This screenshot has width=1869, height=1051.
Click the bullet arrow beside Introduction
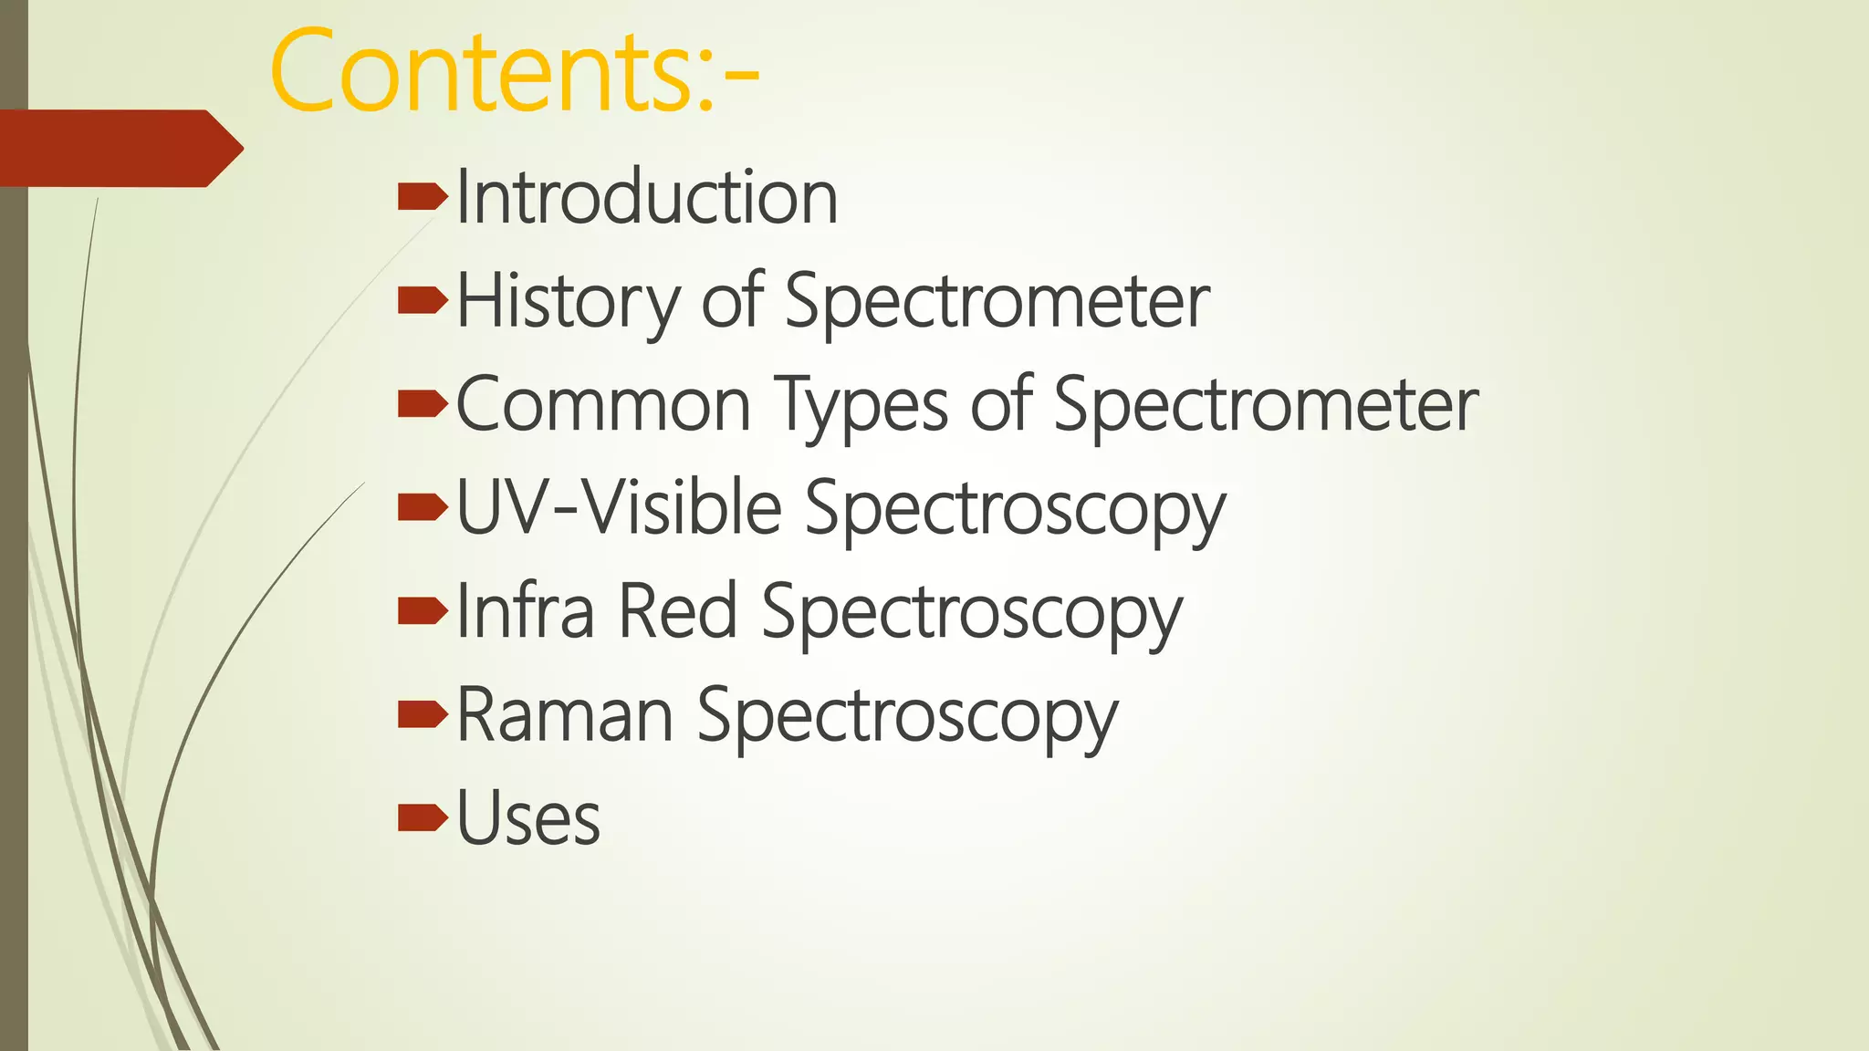pyautogui.click(x=423, y=196)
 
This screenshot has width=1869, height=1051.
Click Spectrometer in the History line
pyautogui.click(x=997, y=301)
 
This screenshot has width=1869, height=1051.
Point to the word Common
pyautogui.click(x=602, y=404)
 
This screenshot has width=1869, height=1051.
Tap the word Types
pyautogui.click(x=861, y=404)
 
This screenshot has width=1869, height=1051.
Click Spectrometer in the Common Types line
pyautogui.click(x=1265, y=404)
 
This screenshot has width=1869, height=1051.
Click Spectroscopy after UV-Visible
pyautogui.click(x=1015, y=509)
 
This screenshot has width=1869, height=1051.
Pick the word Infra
pyautogui.click(x=525, y=610)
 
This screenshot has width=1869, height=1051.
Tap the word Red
pyautogui.click(x=677, y=610)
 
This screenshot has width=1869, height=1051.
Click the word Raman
pyautogui.click(x=565, y=714)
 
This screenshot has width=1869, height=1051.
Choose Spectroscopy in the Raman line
pyautogui.click(x=907, y=716)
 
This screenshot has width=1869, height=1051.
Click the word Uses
pyautogui.click(x=527, y=818)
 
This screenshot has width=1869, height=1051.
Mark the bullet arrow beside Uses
pyautogui.click(x=423, y=817)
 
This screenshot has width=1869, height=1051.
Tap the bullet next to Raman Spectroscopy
pyautogui.click(x=423, y=714)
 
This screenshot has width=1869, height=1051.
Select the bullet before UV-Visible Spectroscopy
pyautogui.click(x=423, y=507)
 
